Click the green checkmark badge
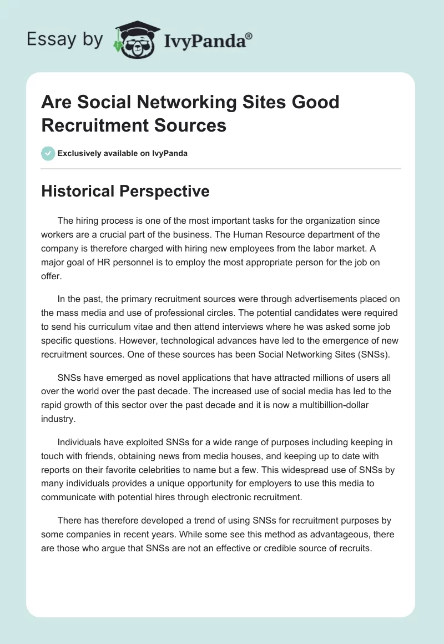[48, 153]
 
